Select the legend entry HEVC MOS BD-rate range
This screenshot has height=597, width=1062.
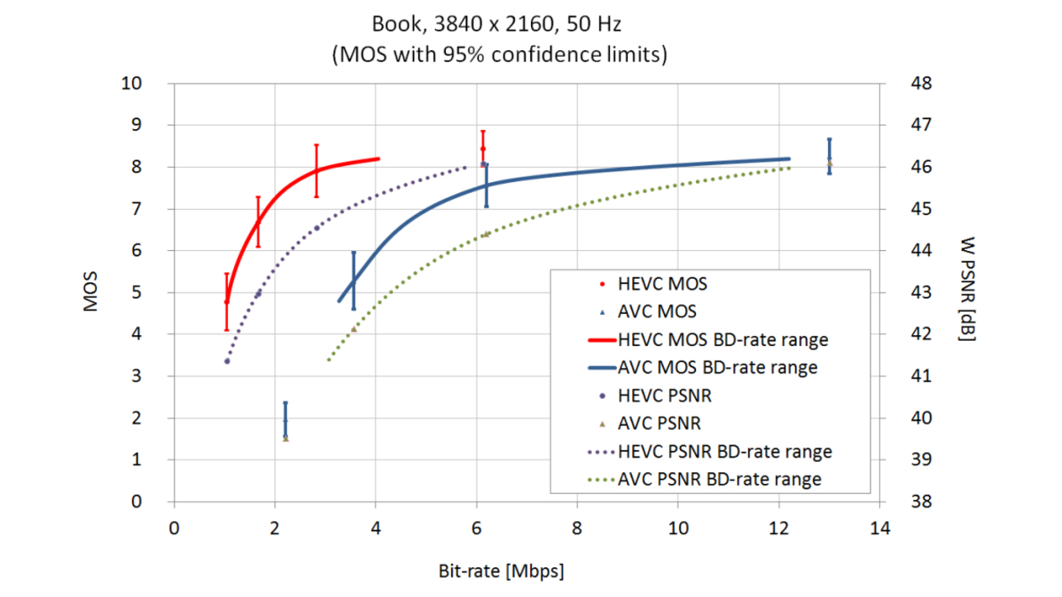pos(723,339)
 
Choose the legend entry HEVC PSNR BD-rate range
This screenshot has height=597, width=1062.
pos(725,452)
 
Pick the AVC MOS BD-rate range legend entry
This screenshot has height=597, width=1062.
pos(718,367)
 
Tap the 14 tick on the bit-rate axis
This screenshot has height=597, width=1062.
pos(880,528)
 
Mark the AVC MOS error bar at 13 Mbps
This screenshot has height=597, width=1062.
pos(829,156)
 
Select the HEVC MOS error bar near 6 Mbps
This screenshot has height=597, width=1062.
pos(482,147)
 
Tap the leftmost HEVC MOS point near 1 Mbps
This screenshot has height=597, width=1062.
pos(226,301)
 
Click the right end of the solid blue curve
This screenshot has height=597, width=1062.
pos(789,159)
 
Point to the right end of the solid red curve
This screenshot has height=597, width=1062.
pos(378,158)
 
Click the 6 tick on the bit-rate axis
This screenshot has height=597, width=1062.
pos(477,528)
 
